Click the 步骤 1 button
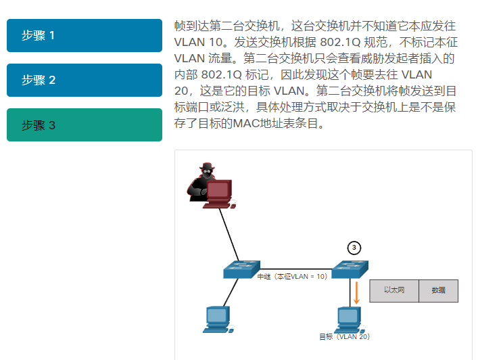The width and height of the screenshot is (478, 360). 85,35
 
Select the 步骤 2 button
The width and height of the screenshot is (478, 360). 85,80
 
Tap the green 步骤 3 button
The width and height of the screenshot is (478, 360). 85,125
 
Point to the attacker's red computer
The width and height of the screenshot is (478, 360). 219,194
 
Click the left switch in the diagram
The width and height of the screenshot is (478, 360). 241,269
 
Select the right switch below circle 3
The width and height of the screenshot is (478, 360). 350,269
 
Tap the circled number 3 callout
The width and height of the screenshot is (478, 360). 354,248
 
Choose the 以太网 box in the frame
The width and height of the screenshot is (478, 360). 394,290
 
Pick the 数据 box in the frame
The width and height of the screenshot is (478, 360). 438,290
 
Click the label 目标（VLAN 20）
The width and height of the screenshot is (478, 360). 345,336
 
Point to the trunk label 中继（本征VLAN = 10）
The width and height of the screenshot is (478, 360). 292,276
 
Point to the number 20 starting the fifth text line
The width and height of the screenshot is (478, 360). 181,91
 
